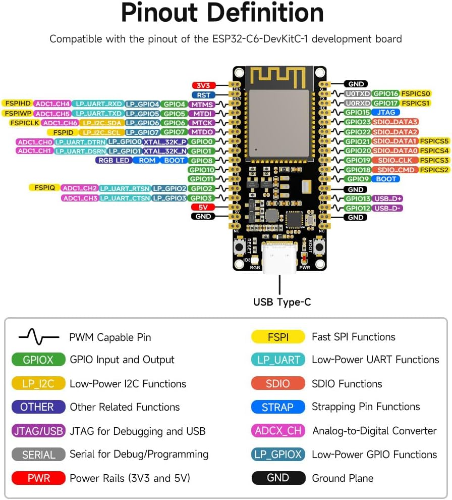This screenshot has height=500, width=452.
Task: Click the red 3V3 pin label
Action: coord(204,85)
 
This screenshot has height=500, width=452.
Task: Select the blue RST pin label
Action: coord(204,94)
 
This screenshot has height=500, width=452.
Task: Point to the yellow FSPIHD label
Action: coord(17,104)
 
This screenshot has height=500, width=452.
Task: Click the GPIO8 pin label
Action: coord(201,161)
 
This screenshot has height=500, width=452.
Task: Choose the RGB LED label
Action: coord(114,161)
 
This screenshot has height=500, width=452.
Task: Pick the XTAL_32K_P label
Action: coord(164,142)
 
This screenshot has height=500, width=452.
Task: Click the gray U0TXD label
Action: coord(358,94)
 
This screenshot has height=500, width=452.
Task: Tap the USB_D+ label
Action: coord(388,198)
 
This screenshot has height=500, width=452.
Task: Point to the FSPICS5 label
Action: coord(434,141)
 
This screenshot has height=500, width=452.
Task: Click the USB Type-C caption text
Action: coord(282,303)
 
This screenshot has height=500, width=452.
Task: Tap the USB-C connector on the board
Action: coord(279,258)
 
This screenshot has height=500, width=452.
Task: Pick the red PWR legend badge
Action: coord(38,478)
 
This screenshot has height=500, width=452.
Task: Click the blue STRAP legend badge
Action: coord(278,407)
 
